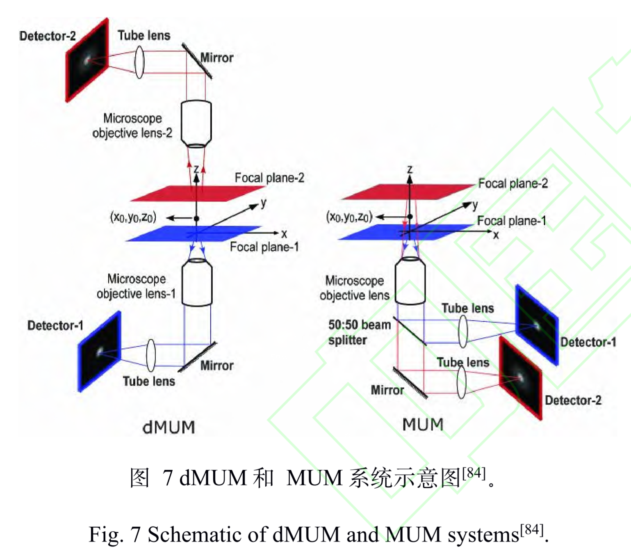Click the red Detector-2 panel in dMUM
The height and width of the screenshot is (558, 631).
click(87, 60)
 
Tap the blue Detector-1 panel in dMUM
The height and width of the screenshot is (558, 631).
click(100, 352)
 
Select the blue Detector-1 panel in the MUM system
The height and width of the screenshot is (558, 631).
click(536, 325)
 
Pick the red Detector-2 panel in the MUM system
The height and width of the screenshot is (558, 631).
click(520, 377)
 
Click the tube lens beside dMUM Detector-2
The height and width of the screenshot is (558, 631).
click(139, 62)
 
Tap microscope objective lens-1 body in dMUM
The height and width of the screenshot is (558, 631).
click(197, 283)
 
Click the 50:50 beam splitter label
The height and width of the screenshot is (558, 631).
click(359, 332)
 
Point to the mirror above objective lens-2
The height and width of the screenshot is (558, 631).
click(197, 61)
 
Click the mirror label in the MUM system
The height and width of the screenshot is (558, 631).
click(387, 390)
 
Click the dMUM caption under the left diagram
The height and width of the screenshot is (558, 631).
click(169, 428)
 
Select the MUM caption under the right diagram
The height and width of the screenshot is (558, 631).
click(423, 424)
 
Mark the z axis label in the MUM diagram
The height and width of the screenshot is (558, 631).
click(410, 169)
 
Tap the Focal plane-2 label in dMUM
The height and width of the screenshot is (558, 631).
click(269, 178)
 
